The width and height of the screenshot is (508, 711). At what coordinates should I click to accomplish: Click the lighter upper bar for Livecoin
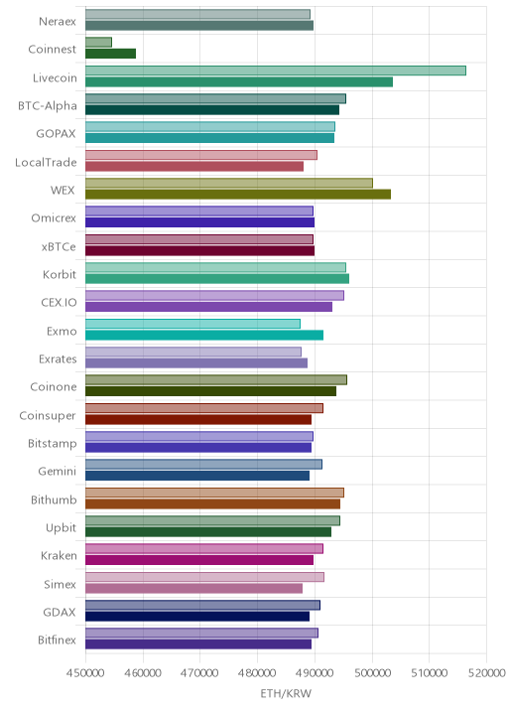[276, 71]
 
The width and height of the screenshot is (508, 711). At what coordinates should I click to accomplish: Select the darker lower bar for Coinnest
[110, 54]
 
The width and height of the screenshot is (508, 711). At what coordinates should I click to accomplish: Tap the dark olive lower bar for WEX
[238, 194]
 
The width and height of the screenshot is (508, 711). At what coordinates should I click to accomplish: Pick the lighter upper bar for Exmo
[192, 324]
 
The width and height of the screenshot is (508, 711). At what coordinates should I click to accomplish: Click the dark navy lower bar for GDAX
[197, 617]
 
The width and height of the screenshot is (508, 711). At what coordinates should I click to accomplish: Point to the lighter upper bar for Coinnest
[98, 42]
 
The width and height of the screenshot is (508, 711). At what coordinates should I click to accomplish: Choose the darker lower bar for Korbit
[217, 278]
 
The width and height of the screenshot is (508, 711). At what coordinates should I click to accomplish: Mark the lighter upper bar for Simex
[204, 577]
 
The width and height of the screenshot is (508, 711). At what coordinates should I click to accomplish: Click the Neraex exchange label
[58, 21]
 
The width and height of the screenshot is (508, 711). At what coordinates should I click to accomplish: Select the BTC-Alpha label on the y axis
[48, 105]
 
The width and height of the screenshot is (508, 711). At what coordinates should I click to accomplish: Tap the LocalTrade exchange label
[46, 162]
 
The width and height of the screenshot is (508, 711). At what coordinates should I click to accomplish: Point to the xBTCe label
[59, 246]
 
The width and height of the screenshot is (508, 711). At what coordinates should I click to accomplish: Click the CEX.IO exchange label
[59, 303]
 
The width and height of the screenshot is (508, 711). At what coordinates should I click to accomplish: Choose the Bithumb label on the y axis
[54, 499]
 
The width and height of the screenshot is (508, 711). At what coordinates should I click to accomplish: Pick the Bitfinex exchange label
[58, 640]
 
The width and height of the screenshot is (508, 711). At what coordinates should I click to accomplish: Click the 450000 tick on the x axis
[85, 672]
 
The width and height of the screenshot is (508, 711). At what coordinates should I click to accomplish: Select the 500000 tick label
[372, 672]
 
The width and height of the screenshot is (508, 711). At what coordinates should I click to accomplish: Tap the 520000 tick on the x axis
[486, 672]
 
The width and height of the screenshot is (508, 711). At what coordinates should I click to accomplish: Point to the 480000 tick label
[257, 672]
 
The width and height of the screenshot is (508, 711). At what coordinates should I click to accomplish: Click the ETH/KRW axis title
[286, 693]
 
